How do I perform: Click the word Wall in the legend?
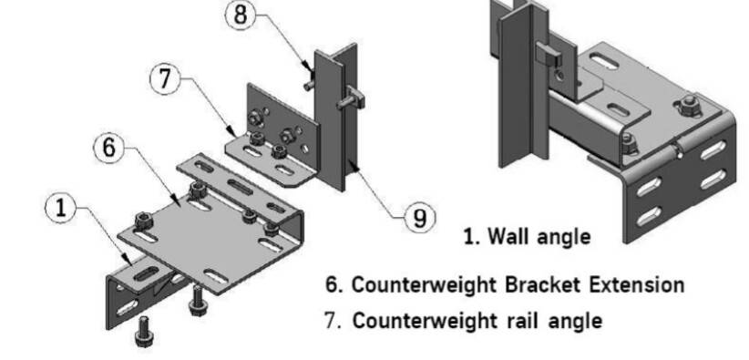[507, 237]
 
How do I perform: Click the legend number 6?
[332, 284]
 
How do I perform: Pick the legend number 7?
[332, 322]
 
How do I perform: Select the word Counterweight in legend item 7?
[416, 322]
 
